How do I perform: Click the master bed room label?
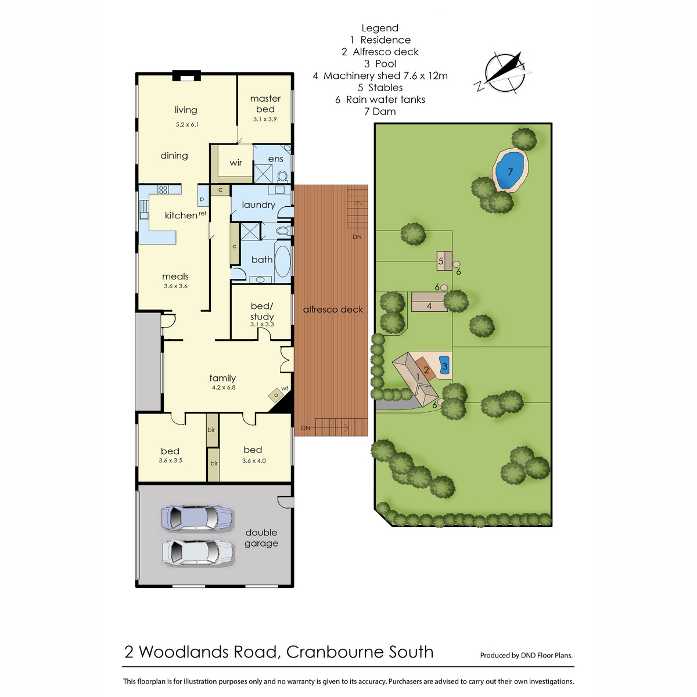[265, 103]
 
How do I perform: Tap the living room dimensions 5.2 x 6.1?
[188, 124]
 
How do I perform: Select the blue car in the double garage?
[197, 518]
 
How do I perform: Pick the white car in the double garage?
[197, 552]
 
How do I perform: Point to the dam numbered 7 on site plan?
[510, 171]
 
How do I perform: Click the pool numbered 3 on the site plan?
[444, 365]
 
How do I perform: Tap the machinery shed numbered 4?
[430, 301]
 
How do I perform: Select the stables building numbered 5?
[444, 261]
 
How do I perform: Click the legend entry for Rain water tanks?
[380, 99]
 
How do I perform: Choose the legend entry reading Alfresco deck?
[380, 52]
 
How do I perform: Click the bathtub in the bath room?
[283, 261]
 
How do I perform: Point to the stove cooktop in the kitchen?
[163, 189]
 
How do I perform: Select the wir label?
[236, 163]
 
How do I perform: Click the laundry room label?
[258, 205]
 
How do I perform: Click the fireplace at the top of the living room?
[186, 76]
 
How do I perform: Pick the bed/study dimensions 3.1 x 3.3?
[262, 325]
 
